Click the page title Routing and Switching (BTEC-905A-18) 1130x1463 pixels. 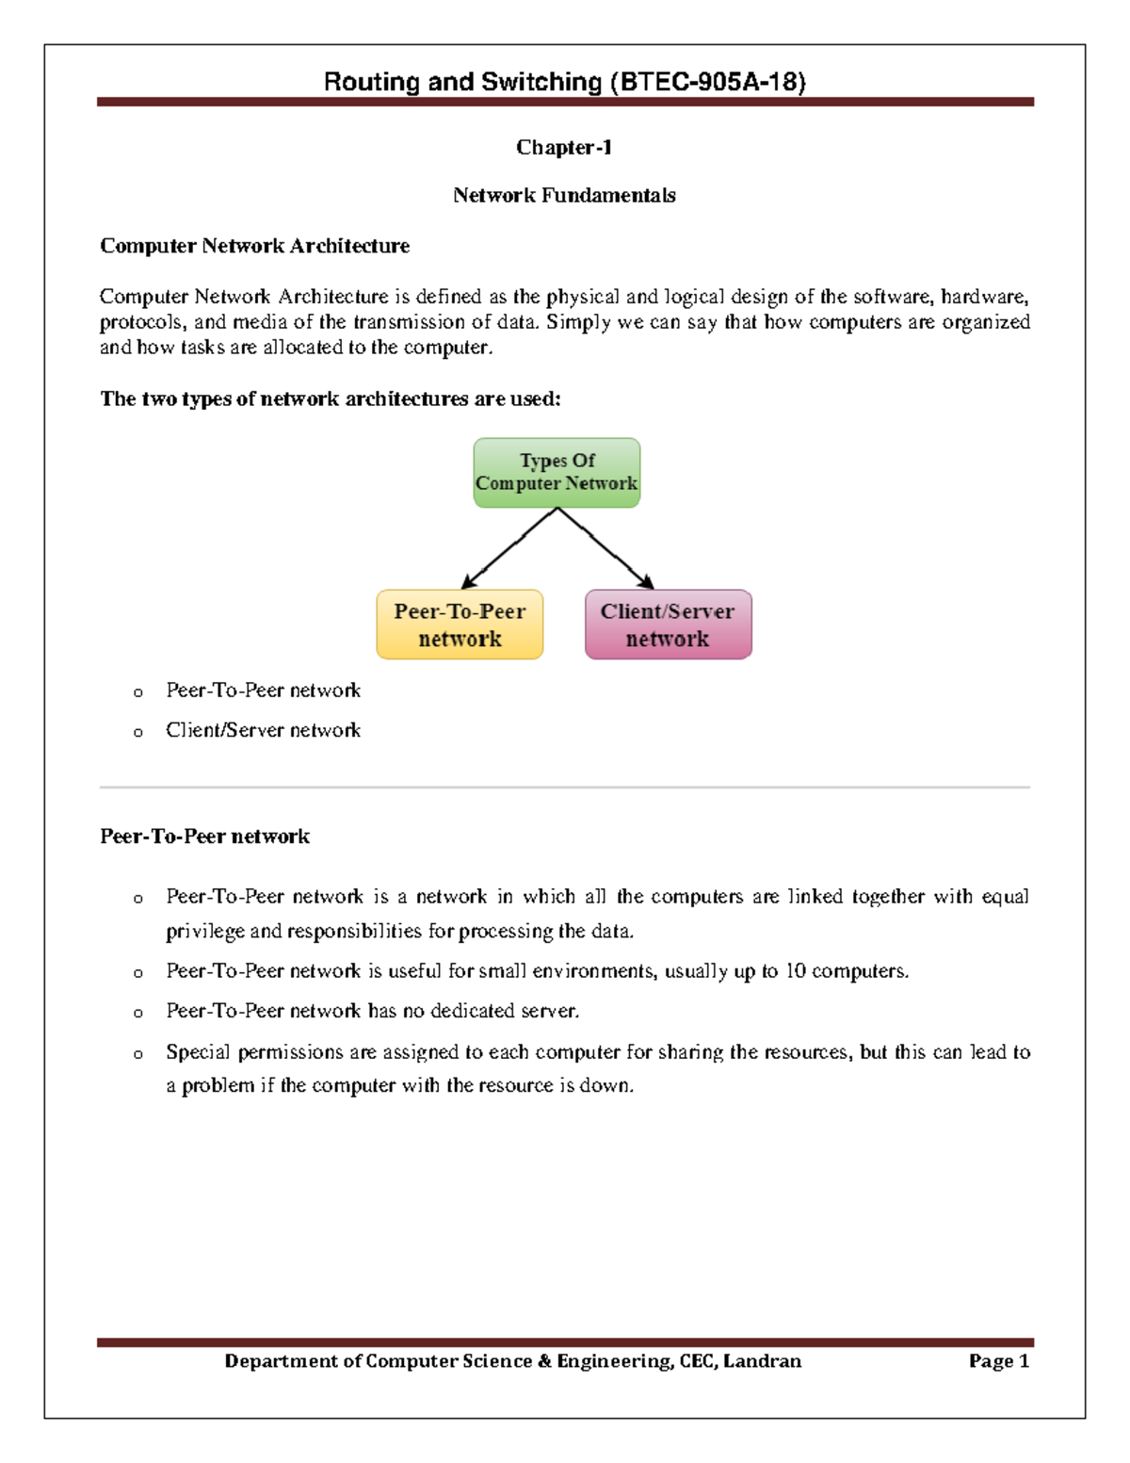564,82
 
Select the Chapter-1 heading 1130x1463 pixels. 563,147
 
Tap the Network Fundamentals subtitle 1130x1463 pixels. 564,195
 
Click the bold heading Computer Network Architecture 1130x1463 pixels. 254,246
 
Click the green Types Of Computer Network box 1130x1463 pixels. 557,472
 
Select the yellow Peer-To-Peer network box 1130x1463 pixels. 460,625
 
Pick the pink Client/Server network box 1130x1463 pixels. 668,625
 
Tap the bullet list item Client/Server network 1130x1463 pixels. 263,730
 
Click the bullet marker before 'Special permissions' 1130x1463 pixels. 138,1054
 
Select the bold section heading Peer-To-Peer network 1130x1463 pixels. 204,837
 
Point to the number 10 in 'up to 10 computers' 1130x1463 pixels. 795,971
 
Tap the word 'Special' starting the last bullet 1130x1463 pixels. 197,1051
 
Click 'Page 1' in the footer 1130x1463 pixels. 998,1360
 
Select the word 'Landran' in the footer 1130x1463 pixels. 763,1360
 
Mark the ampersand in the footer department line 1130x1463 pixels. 544,1360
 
